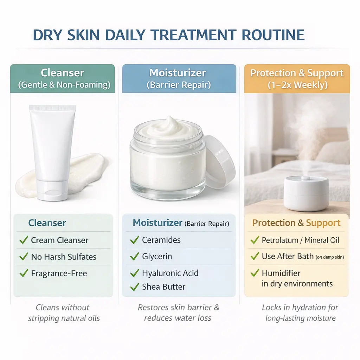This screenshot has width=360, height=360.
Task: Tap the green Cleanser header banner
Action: (63, 78)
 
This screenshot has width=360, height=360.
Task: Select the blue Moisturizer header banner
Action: (179, 78)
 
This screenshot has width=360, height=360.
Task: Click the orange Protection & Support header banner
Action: (297, 78)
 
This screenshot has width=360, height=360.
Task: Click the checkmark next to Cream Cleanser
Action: (24, 240)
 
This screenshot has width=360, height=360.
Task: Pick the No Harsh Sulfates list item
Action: (64, 257)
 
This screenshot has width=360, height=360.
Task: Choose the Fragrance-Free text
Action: (59, 274)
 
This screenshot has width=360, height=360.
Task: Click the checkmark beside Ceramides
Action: (135, 240)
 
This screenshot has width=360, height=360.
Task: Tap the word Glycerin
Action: (157, 257)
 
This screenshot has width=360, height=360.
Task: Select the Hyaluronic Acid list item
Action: (170, 273)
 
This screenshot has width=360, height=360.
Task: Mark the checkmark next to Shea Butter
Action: (135, 287)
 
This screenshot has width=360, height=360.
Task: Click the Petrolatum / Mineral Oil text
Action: (301, 240)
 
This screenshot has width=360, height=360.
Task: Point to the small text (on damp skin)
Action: (330, 257)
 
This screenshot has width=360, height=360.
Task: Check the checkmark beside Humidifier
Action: (255, 273)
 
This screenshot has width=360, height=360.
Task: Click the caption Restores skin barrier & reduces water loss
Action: (179, 313)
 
